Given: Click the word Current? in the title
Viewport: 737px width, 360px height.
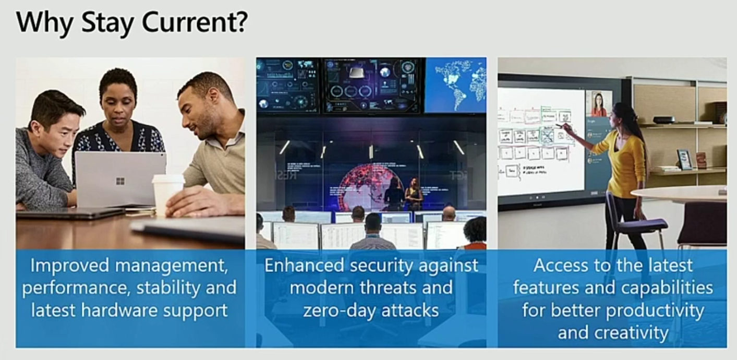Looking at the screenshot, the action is pos(195,22).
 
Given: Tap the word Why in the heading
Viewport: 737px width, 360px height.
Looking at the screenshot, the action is pos(45,23).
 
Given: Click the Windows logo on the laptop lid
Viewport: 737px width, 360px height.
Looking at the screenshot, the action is pos(120,181).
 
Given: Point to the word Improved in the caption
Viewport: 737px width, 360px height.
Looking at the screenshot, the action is pos(70,265).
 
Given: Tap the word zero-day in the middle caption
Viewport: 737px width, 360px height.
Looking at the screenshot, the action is pos(338,310).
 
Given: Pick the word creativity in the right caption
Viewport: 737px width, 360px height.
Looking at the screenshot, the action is pos(632,333).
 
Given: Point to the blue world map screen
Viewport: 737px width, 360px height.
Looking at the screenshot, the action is pos(456,86).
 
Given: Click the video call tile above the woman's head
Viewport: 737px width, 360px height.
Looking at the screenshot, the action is pos(598,103).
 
